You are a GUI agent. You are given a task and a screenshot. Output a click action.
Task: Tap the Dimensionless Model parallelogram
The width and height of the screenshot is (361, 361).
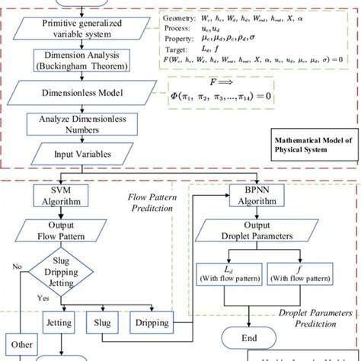click(81, 92)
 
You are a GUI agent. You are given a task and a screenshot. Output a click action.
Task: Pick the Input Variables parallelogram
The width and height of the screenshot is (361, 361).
click(80, 155)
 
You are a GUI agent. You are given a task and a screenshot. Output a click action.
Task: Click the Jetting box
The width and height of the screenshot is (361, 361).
click(59, 321)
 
